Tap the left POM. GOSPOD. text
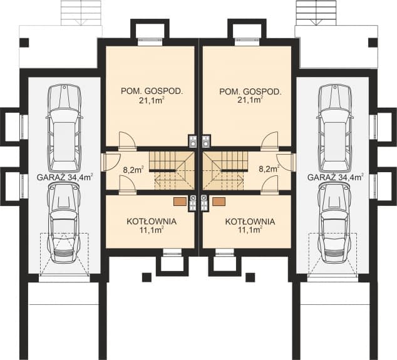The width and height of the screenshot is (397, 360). tap(152, 91)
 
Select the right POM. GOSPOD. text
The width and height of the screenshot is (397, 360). tap(250, 91)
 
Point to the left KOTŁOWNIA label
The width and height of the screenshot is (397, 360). tap(151, 221)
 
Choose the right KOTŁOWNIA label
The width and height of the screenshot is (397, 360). tap(249, 221)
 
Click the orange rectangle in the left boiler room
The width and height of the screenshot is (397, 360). tap(180, 202)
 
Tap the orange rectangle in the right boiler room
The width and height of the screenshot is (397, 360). tap(219, 202)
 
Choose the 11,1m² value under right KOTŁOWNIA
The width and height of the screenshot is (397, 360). tap(249, 230)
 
